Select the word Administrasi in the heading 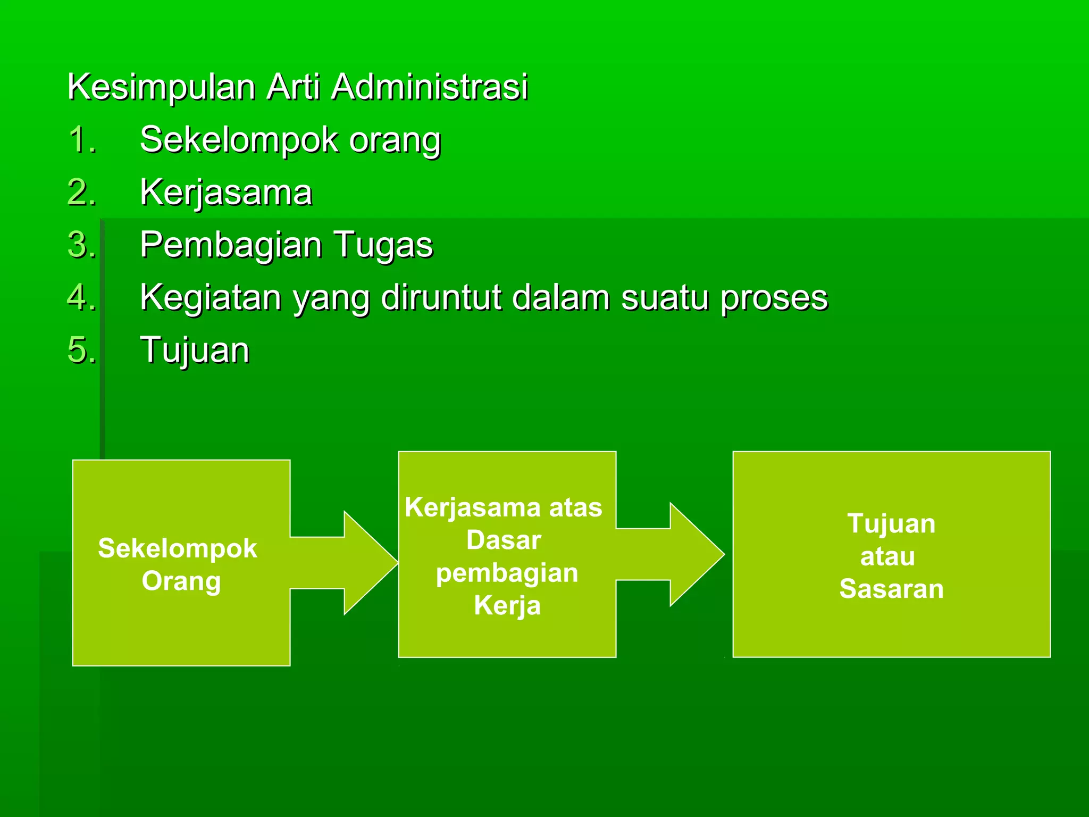[429, 87]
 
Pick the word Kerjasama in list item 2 [226, 192]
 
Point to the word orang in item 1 [395, 140]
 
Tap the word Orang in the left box [181, 581]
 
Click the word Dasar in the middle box [504, 540]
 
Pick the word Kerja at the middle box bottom [507, 605]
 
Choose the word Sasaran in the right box [891, 589]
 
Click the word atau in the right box [887, 557]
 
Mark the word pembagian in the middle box [507, 573]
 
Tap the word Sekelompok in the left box [178, 548]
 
